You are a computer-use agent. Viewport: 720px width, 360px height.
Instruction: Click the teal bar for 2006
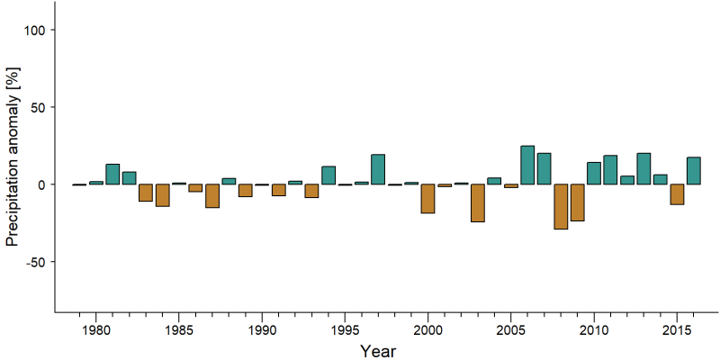click(527, 165)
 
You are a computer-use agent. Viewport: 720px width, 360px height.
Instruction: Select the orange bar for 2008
click(561, 207)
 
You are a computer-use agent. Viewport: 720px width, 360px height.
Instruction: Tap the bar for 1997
click(378, 169)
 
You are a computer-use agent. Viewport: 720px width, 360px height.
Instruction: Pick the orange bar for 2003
click(478, 203)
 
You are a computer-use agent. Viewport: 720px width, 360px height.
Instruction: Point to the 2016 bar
click(693, 171)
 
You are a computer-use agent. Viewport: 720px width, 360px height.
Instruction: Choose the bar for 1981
click(112, 174)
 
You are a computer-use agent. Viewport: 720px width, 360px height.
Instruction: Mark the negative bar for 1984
click(163, 195)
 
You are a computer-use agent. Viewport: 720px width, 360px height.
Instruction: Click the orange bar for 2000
click(428, 199)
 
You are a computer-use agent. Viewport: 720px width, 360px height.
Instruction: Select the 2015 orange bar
click(677, 194)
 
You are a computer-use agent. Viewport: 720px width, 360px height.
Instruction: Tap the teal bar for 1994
click(328, 175)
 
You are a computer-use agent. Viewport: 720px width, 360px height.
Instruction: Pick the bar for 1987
click(212, 196)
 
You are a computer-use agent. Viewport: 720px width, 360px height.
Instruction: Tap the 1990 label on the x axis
click(262, 330)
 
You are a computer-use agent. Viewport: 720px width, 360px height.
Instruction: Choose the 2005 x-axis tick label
click(511, 330)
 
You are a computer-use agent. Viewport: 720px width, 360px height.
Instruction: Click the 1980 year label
click(96, 330)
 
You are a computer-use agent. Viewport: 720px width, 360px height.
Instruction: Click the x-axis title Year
click(377, 351)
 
